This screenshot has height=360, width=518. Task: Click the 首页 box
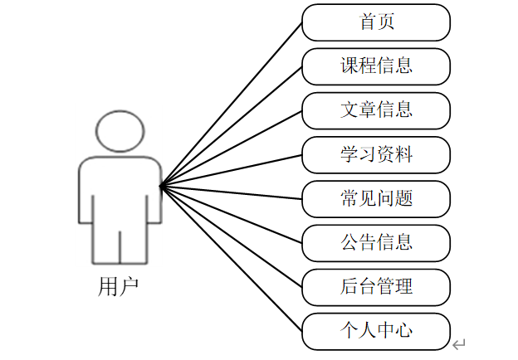tap(376, 22)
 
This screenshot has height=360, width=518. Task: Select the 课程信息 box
tap(376, 66)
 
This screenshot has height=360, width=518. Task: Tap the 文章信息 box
tap(376, 110)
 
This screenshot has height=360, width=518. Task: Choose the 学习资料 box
tap(376, 154)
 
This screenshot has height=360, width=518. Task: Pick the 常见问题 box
tap(376, 198)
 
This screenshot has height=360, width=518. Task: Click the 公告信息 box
tap(376, 243)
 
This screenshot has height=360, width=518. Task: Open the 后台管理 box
tap(376, 287)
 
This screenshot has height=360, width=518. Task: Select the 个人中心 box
tap(376, 331)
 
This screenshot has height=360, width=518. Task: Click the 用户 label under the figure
tap(118, 287)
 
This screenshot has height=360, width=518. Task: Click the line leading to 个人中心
tap(232, 259)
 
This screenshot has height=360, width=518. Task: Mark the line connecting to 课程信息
tap(232, 125)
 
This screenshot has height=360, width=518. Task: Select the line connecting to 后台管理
tap(232, 236)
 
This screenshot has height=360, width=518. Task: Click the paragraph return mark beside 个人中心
tap(459, 343)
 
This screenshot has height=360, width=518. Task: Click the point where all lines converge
tap(161, 185)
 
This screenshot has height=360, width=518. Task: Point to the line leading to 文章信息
tap(232, 148)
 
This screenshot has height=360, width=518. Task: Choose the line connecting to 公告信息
tap(232, 214)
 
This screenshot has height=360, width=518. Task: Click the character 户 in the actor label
tap(129, 287)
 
